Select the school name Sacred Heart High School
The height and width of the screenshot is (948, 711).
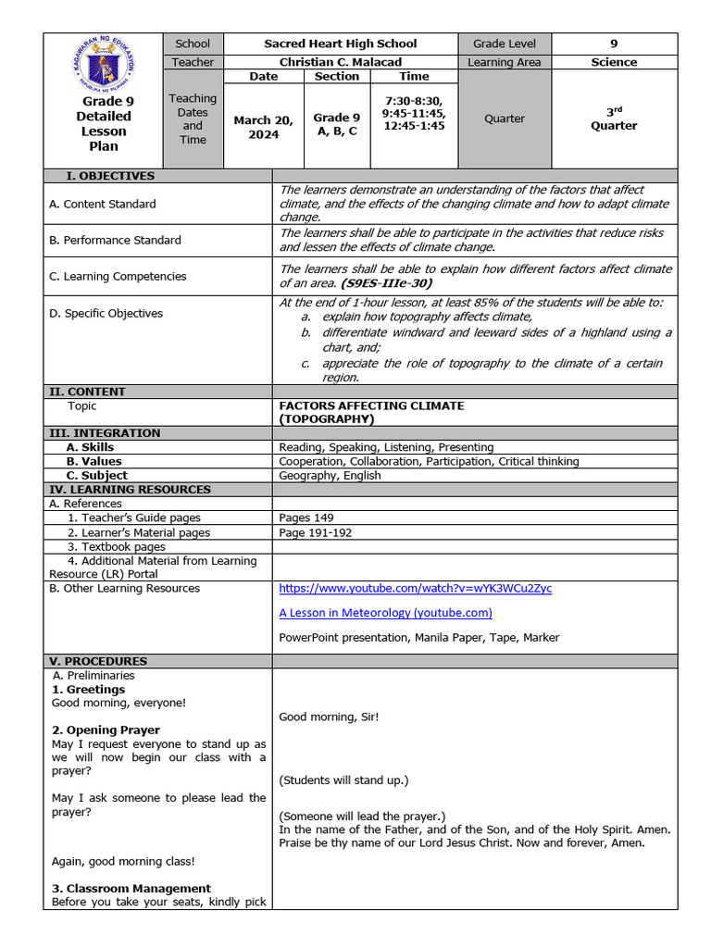[x=341, y=44]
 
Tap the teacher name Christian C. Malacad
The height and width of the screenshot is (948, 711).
[x=341, y=62]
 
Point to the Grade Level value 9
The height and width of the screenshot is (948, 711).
[x=615, y=44]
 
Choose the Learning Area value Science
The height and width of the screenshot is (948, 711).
[x=615, y=62]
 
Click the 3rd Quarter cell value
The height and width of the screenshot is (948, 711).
[x=615, y=118]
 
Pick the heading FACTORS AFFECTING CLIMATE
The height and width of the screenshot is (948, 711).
[x=371, y=405]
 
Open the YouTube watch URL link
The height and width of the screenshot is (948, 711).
[x=415, y=588]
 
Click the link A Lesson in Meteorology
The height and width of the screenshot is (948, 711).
[x=385, y=612]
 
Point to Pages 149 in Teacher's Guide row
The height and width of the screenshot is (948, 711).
[x=306, y=518]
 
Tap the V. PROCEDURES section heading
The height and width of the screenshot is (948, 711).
[x=97, y=661]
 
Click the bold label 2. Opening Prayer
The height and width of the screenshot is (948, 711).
[x=106, y=730]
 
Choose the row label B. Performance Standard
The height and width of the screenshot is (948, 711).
[x=115, y=240]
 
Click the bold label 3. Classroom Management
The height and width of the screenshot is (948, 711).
[x=131, y=888]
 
